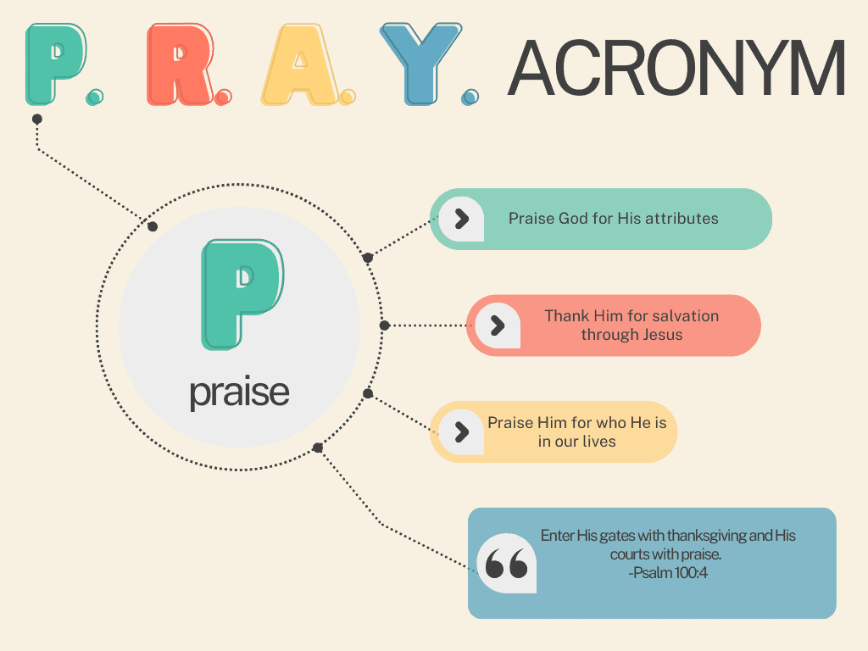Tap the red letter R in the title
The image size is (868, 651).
[x=178, y=64]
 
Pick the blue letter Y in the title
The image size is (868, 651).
[x=420, y=64]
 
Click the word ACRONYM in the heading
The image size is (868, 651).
[x=676, y=68]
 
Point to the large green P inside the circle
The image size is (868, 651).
[x=242, y=294]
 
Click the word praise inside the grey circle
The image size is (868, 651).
[x=239, y=392]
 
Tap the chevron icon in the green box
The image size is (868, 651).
[x=462, y=219]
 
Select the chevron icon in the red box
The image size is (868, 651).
[x=498, y=325]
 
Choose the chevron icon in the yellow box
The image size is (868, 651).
[x=462, y=431]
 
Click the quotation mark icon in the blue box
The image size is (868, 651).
[x=506, y=564]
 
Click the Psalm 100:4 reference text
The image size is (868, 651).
[x=668, y=572]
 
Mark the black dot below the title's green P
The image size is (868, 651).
[x=37, y=119]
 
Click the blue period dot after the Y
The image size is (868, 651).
[x=470, y=97]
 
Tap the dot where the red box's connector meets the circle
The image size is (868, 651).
[x=385, y=325]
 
